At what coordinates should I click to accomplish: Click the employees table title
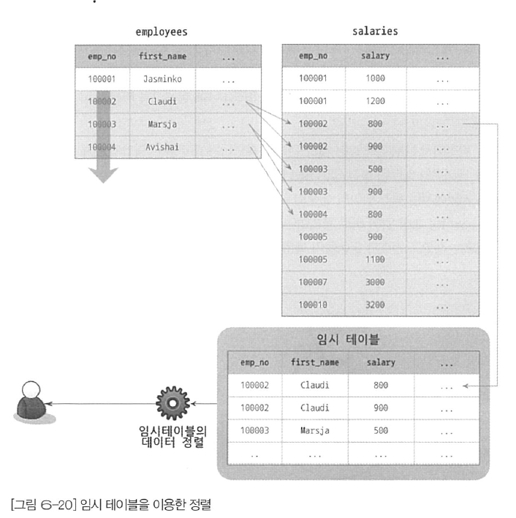pos(162,32)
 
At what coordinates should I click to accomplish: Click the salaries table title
pos(375,31)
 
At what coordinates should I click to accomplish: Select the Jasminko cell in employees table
pos(162,79)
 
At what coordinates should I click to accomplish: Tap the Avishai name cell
pos(162,146)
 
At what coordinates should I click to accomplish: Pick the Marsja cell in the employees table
pos(162,124)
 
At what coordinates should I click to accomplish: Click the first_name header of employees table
pos(162,56)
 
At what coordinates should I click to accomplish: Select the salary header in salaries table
pos(375,56)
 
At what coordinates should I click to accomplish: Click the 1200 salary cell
pos(375,101)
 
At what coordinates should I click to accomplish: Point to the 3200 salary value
pos(375,304)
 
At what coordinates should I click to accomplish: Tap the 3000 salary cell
pos(375,282)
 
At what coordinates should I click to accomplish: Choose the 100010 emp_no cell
pos(313,304)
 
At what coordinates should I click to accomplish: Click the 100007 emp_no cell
pos(313,282)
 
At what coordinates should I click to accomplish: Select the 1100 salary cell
pos(375,259)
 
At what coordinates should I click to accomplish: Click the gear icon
pos(172,403)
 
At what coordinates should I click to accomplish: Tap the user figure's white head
pos(31,390)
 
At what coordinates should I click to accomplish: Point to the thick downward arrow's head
pos(103,175)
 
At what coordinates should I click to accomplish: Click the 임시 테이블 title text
pos(348,339)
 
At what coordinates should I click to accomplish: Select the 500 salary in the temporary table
pos(381,430)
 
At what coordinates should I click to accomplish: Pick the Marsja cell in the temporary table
pos(315,430)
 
